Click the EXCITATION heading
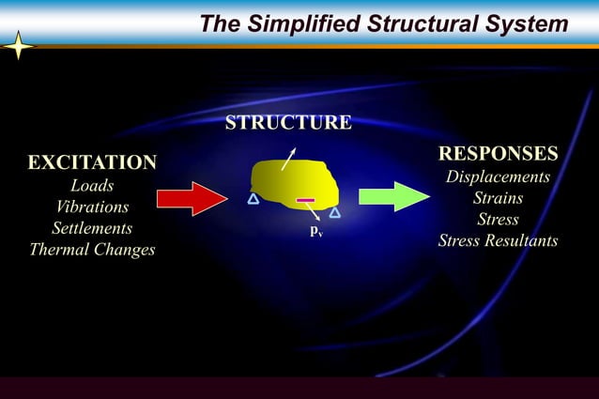click(92, 162)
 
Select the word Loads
click(92, 186)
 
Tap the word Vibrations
click(92, 207)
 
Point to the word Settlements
click(92, 228)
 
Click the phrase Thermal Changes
click(92, 250)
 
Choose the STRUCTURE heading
click(288, 123)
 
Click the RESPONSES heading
click(498, 153)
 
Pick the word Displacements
click(498, 176)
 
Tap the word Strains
click(498, 198)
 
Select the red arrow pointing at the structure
click(192, 197)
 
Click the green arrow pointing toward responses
click(393, 195)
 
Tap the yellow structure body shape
click(293, 180)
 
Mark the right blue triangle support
click(334, 211)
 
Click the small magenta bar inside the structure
click(305, 200)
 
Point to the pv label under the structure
click(316, 230)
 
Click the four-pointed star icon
click(18, 46)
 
